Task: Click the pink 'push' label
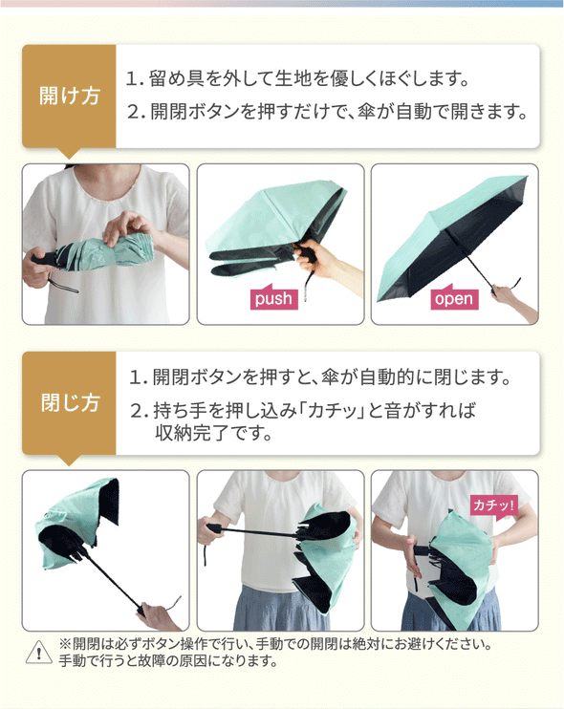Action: pyautogui.click(x=274, y=297)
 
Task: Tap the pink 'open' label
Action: pyautogui.click(x=454, y=297)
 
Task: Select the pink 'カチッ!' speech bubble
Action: pyautogui.click(x=493, y=506)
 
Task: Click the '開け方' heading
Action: pyautogui.click(x=69, y=96)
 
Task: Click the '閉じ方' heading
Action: pyautogui.click(x=70, y=402)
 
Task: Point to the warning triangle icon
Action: pyautogui.click(x=39, y=653)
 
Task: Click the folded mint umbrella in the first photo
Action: pyautogui.click(x=107, y=252)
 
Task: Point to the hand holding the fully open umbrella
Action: pyautogui.click(x=505, y=294)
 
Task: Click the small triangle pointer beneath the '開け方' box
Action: pyautogui.click(x=69, y=153)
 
